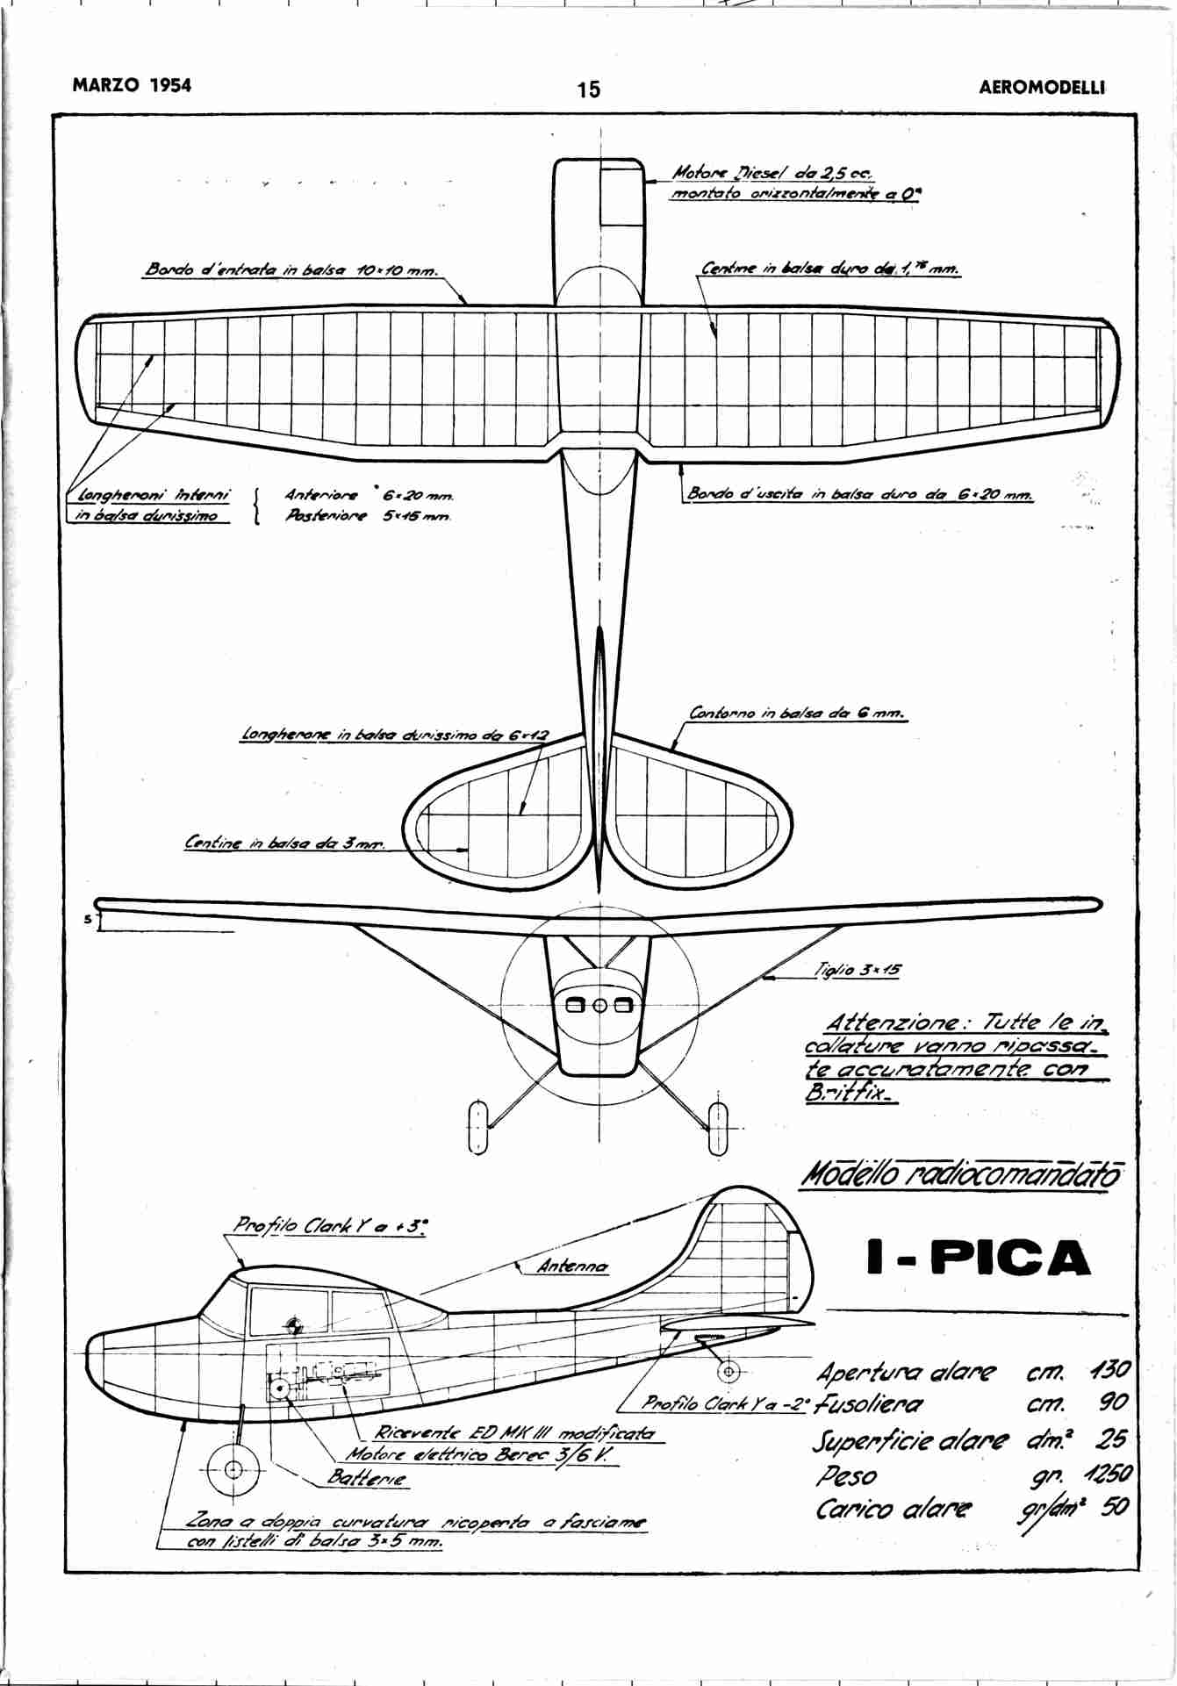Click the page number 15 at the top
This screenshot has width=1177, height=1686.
coord(589,90)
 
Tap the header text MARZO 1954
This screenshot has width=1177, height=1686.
coord(132,85)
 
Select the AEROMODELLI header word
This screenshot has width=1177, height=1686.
coord(1042,88)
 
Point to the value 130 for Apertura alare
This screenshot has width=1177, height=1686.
coord(1109,1371)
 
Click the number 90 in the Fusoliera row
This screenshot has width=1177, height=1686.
coord(1113,1404)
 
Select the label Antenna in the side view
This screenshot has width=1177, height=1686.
coord(572,1266)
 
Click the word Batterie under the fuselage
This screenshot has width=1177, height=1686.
coord(367,1477)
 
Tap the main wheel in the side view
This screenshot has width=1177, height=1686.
coord(233,1470)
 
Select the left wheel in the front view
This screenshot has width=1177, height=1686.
coord(477,1126)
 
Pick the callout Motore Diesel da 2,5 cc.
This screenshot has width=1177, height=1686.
coord(774,174)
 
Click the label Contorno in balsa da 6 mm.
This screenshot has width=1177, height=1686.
coord(797,714)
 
